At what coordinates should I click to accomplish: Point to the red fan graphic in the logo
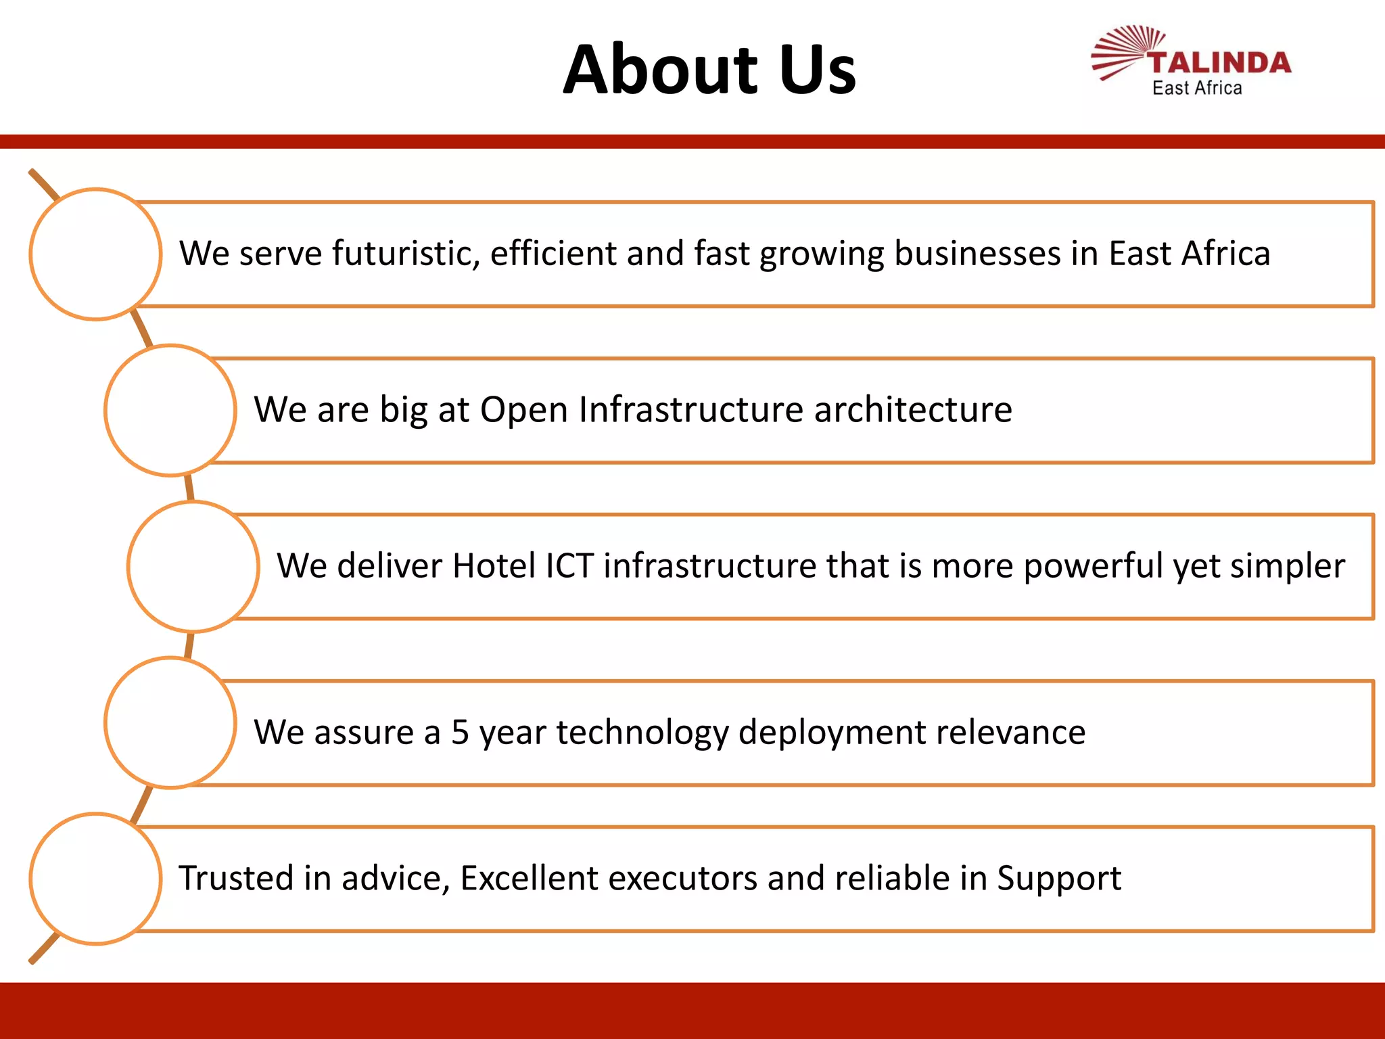(1126, 51)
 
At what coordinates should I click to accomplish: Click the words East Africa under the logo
(1197, 89)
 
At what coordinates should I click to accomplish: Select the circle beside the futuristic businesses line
(95, 254)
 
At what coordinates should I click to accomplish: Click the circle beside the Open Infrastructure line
(170, 411)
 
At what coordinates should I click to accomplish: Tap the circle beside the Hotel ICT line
(193, 567)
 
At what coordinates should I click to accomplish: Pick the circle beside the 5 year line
(170, 723)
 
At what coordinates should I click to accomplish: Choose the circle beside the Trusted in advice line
(95, 879)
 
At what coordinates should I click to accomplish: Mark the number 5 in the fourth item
(460, 733)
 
